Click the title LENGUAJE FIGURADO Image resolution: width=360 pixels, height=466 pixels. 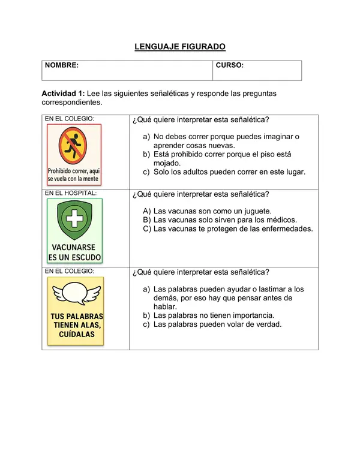(x=179, y=46)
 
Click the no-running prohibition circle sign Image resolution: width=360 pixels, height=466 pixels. (x=74, y=146)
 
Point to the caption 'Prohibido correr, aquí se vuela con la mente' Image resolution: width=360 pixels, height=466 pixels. (x=74, y=175)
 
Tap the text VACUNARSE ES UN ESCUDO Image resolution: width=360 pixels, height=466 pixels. (x=74, y=252)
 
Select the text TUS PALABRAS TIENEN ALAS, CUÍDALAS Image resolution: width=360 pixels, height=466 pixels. (x=76, y=325)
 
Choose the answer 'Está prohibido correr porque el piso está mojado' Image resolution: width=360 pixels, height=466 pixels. (x=222, y=158)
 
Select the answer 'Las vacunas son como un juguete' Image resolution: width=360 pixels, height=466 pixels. (x=212, y=211)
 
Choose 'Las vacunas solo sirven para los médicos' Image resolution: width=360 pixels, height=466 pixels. (x=225, y=220)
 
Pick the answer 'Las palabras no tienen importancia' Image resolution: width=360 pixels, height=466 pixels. (x=214, y=315)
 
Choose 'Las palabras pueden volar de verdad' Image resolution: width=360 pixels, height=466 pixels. (x=217, y=324)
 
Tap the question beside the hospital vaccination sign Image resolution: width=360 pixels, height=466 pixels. (x=200, y=194)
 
